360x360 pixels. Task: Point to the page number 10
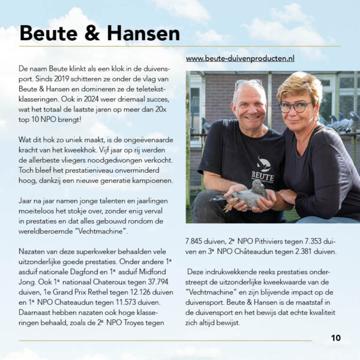pyautogui.click(x=335, y=338)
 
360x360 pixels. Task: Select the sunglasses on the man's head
pyautogui.click(x=248, y=82)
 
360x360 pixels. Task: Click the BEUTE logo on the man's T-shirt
pyautogui.click(x=263, y=170)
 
